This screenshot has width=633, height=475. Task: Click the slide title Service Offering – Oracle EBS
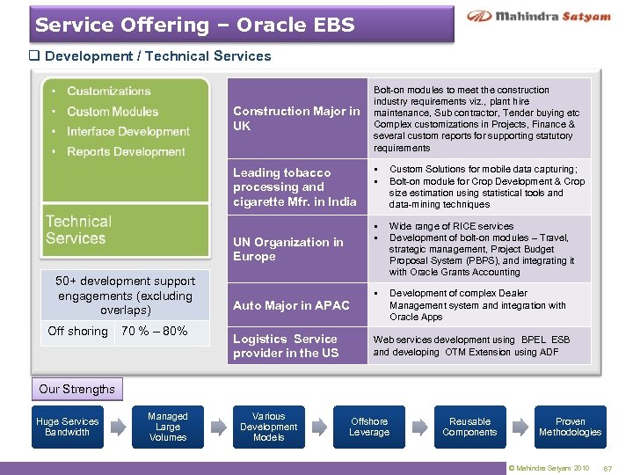(x=195, y=25)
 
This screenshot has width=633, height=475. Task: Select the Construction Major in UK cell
(x=296, y=118)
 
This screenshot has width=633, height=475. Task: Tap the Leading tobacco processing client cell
(x=295, y=186)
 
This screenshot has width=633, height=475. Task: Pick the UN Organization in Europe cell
(x=288, y=249)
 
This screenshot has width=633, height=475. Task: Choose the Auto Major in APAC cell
(x=291, y=305)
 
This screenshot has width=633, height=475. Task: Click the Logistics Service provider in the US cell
(x=286, y=346)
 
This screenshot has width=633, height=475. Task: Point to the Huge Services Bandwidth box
(x=68, y=427)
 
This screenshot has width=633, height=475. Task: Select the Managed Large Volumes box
(x=168, y=427)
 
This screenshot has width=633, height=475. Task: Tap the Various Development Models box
(x=268, y=427)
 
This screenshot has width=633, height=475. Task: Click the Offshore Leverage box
(x=369, y=427)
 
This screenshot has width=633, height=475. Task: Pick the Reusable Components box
(x=469, y=427)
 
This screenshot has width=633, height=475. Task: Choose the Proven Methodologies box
(x=570, y=427)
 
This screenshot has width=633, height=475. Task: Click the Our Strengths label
(x=76, y=389)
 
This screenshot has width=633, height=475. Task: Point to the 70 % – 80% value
(x=154, y=332)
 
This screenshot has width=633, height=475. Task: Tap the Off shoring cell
(x=78, y=332)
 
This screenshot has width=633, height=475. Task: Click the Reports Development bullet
(x=126, y=151)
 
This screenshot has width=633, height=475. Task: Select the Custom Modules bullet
(x=113, y=111)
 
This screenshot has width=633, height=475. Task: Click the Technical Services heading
(x=78, y=230)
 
